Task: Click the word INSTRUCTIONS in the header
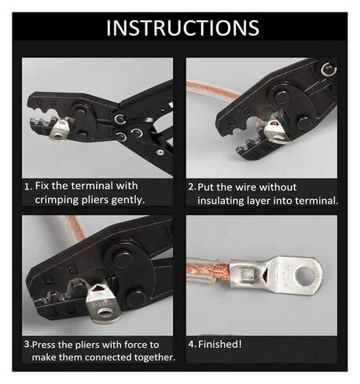pos(181,28)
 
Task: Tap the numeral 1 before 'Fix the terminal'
pos(28,186)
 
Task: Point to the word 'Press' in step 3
pos(47,345)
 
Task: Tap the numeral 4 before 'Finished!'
pos(191,345)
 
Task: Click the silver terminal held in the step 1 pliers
pos(60,135)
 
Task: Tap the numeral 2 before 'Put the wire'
pos(191,187)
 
